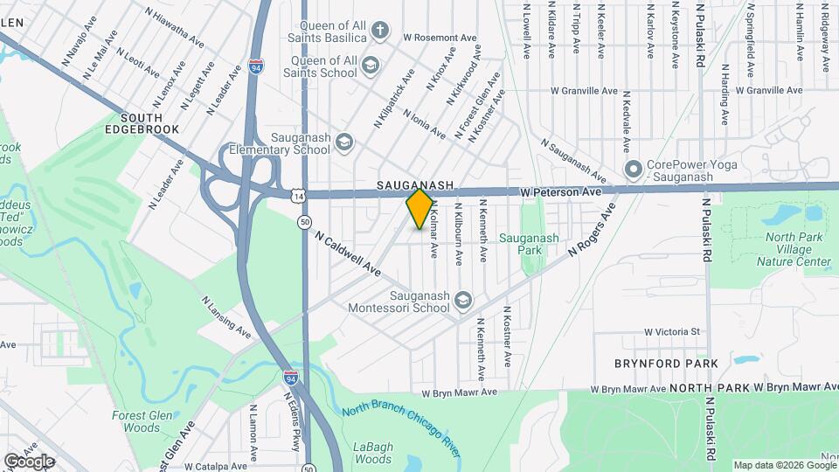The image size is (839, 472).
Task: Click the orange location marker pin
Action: [x=420, y=208]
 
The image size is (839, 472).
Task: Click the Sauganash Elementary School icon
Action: [x=344, y=142]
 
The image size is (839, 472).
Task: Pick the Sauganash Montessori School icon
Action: [x=462, y=302]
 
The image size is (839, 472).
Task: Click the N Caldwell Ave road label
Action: [x=349, y=253]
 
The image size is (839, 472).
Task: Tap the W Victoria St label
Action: [x=673, y=332]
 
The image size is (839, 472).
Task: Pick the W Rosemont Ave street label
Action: [x=440, y=38]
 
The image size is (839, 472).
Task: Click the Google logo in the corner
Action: [x=29, y=461]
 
